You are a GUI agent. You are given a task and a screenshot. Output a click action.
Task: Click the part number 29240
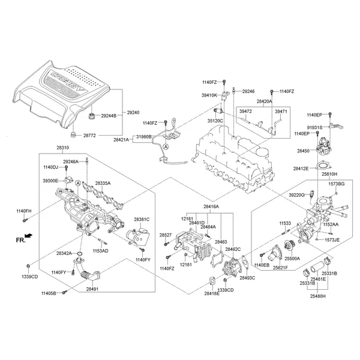[x=133, y=113]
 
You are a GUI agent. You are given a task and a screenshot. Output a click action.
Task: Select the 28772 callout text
[x=89, y=136]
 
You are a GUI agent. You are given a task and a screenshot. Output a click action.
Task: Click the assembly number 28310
[x=62, y=148]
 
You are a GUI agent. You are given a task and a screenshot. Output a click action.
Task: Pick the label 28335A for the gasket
[x=103, y=182]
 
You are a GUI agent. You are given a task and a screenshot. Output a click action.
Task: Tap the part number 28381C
[x=142, y=220]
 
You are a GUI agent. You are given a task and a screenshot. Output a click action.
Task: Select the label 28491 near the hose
[x=92, y=289]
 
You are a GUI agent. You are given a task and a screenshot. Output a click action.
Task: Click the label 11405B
[x=49, y=293]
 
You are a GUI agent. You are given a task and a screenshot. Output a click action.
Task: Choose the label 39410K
[x=209, y=95]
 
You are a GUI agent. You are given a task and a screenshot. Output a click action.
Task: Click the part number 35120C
[x=215, y=121]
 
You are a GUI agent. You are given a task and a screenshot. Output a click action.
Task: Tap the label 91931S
[x=315, y=128]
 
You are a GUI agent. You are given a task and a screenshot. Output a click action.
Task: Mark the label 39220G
[x=297, y=194]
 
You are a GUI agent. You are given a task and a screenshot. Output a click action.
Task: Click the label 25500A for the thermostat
[x=293, y=258]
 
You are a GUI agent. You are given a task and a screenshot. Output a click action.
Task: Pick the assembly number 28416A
[x=211, y=207]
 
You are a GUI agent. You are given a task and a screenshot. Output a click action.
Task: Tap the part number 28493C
[x=247, y=278]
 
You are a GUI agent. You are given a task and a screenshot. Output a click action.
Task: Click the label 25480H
[x=318, y=296]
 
